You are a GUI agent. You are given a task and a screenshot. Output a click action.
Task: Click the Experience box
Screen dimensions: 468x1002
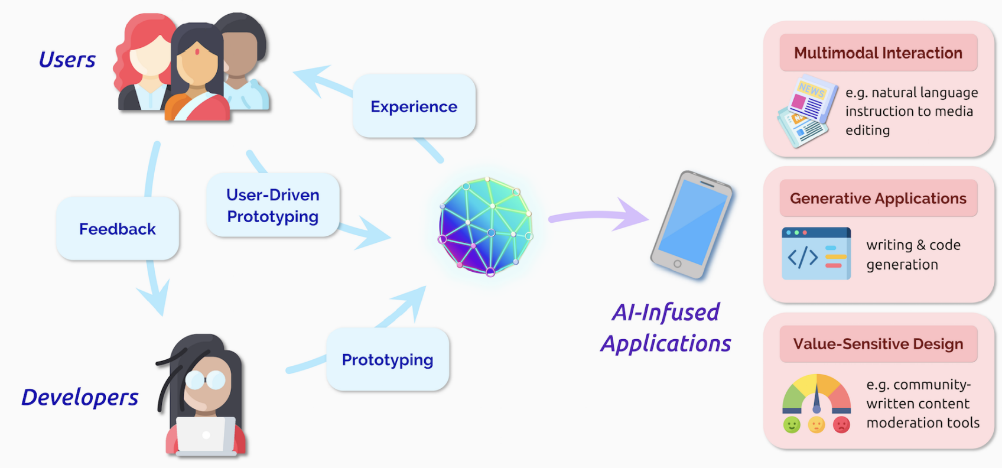point(414,106)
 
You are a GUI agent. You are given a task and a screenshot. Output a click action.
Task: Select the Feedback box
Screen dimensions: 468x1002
point(118,229)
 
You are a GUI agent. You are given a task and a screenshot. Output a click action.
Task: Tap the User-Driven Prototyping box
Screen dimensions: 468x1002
point(273,206)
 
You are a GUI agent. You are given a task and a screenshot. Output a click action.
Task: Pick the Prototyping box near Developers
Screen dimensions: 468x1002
point(388,359)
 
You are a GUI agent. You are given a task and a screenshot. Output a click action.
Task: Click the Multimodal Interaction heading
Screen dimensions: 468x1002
point(878,53)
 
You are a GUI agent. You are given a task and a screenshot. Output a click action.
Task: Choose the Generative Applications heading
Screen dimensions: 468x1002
point(878,199)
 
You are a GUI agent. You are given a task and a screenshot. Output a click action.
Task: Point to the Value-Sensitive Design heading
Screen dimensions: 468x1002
point(878,344)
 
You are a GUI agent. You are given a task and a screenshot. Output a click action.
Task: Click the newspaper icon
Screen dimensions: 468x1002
point(807,111)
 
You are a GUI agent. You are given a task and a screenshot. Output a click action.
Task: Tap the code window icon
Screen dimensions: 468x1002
point(816,253)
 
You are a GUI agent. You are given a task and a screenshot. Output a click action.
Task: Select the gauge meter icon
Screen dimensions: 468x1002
point(816,395)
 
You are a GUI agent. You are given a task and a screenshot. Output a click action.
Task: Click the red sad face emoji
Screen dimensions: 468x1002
point(841,425)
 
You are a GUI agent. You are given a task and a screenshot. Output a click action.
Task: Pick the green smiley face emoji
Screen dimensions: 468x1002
point(792,425)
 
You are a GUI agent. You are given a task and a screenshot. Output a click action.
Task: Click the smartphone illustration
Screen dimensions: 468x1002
point(691,225)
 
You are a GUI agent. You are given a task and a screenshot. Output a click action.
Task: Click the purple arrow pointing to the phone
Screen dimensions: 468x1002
point(597,216)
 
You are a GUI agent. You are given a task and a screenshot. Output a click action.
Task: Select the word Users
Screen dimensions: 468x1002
point(67,60)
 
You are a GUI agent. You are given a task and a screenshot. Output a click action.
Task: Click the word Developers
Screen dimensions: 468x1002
point(80,397)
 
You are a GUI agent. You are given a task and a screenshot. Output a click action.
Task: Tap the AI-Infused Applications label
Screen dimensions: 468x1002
point(666,327)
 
